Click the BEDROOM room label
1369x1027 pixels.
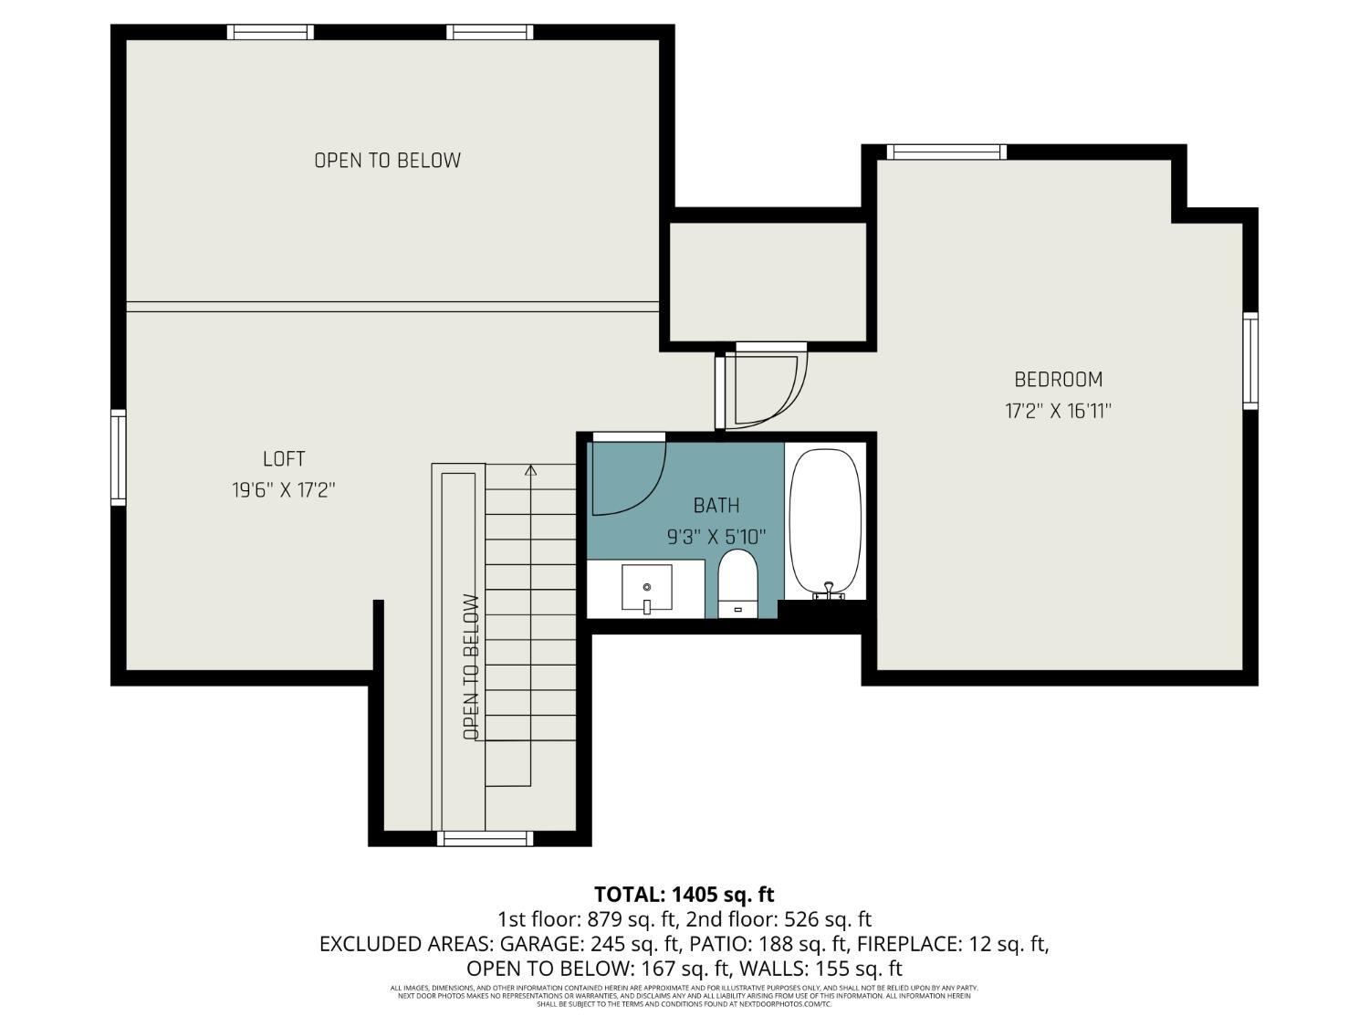tap(1058, 379)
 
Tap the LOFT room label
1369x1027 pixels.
tap(283, 459)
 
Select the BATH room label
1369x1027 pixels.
tap(716, 505)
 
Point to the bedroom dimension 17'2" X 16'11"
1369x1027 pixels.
tap(1058, 411)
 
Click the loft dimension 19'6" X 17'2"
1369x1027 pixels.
tap(283, 490)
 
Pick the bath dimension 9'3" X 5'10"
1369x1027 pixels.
tap(716, 537)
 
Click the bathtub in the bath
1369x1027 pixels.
tap(825, 520)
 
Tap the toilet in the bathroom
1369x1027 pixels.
tap(738, 584)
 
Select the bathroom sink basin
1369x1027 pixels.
tap(647, 588)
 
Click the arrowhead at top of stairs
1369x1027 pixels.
tap(530, 471)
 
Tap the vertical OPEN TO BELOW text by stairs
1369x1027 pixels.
tap(471, 666)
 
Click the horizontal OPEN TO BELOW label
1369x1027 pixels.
tap(387, 161)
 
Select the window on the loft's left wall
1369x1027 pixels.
tap(119, 456)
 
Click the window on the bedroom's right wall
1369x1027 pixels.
tap(1250, 361)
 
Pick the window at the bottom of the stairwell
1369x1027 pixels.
tap(485, 838)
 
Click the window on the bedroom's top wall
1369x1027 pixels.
tap(946, 152)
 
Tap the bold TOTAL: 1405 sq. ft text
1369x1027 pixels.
tap(684, 894)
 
